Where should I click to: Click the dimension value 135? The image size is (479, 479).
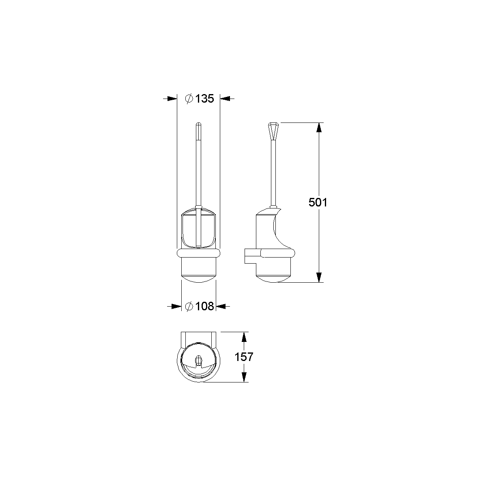click(204, 99)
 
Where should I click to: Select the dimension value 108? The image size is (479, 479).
click(204, 306)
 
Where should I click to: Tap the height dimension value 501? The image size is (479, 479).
click(318, 202)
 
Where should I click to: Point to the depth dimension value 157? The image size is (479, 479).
click(244, 357)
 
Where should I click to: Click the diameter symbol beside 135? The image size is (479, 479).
click(189, 99)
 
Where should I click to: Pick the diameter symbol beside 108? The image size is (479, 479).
click(189, 306)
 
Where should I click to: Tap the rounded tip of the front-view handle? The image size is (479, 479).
click(199, 125)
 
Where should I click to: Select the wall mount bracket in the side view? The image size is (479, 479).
click(252, 256)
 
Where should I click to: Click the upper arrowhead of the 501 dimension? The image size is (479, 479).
click(319, 128)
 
